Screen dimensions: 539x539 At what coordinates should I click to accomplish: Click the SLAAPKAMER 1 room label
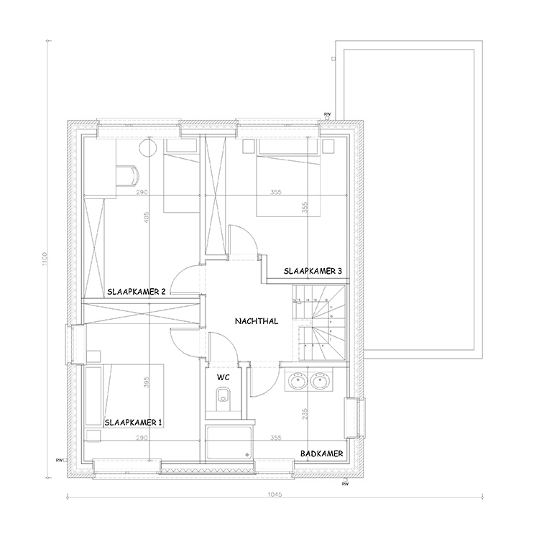coord(134,422)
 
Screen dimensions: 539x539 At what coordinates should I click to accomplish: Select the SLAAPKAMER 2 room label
coord(137,292)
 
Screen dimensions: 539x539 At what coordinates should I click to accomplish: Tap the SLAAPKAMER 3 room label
coord(313,271)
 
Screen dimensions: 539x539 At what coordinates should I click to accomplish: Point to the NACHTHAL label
coord(257,323)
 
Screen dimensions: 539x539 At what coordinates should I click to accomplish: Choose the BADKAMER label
coord(321,453)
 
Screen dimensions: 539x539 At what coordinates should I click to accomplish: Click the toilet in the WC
coord(223,395)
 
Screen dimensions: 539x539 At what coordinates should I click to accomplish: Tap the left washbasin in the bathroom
coord(295,380)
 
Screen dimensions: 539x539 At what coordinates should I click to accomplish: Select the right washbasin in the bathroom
coord(321,380)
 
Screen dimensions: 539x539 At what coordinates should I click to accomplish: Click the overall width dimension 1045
coord(273,494)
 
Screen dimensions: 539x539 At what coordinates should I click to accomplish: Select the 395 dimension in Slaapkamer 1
coord(147,383)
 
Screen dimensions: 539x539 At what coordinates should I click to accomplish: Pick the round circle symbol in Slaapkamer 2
coord(147,148)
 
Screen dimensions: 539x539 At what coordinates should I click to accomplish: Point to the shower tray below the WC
coord(229,442)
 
